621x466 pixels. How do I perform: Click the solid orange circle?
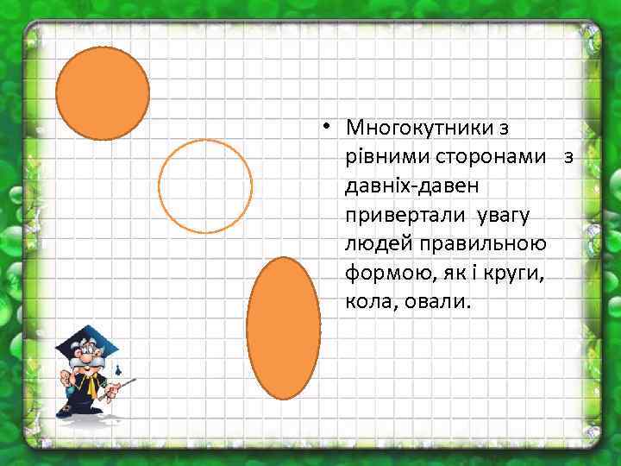[x=103, y=93]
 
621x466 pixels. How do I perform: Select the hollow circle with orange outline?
[x=206, y=186]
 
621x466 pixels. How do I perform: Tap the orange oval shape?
[x=283, y=328]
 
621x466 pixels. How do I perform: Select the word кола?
[x=371, y=303]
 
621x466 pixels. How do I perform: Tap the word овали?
[x=439, y=303]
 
